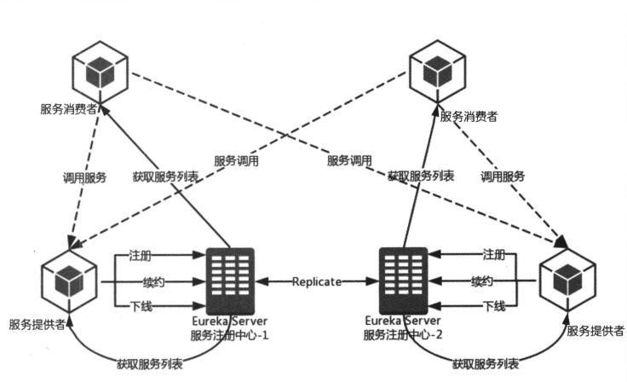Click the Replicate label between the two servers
(318, 281)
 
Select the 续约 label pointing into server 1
(141, 281)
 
